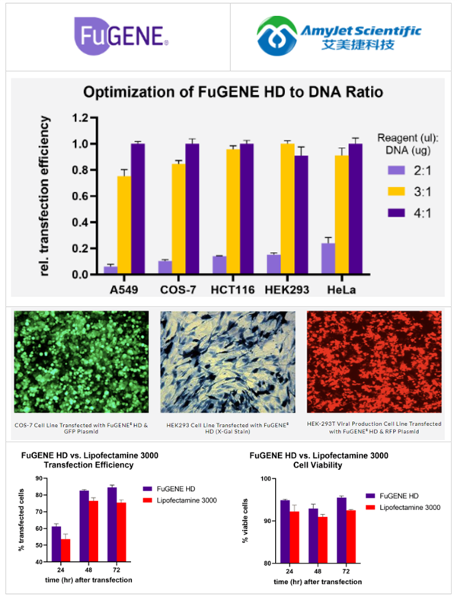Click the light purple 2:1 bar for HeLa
tap(328, 258)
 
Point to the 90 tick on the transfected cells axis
tap(40, 477)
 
